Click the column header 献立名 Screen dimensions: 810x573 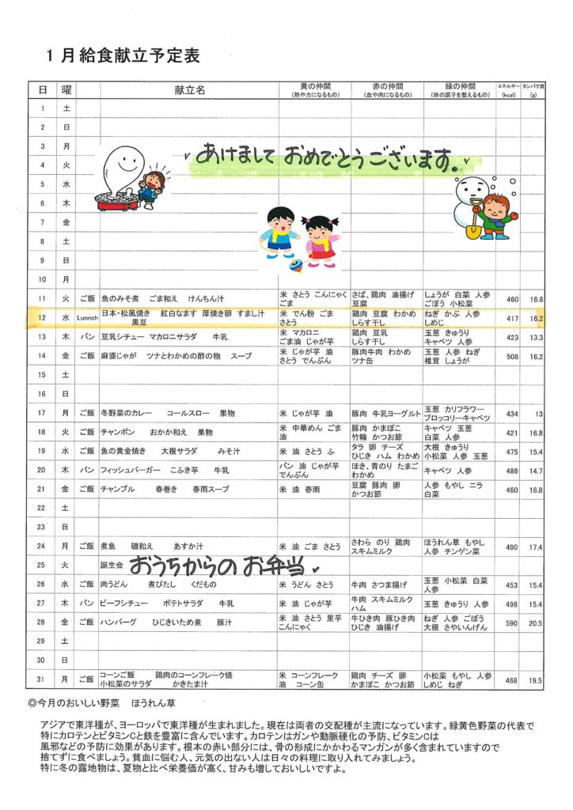(189, 90)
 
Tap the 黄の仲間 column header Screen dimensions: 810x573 (314, 86)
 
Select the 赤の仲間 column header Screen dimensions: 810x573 (387, 86)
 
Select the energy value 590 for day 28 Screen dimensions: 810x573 (511, 623)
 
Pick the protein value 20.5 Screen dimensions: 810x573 (537, 623)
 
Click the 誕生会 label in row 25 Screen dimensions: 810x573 (112, 566)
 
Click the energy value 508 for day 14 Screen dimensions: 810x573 (511, 357)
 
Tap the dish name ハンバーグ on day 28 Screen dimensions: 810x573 (116, 623)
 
